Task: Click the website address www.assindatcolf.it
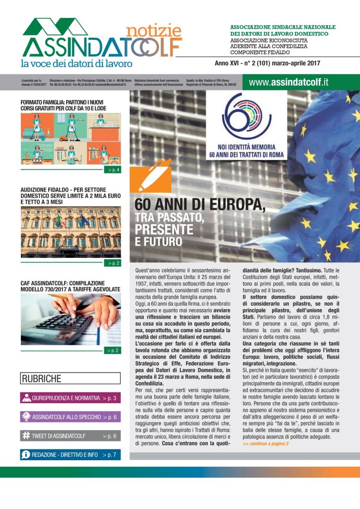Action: (289, 83)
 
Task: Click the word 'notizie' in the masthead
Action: (154, 30)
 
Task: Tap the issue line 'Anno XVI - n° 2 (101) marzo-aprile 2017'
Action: (267, 64)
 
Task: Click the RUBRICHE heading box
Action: (71, 379)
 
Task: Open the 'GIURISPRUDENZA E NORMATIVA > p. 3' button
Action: (71, 398)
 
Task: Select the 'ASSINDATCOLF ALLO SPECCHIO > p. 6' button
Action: (71, 417)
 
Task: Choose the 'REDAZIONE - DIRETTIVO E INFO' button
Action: (71, 455)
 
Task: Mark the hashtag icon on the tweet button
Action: (26, 436)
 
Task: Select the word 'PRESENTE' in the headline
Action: (165, 230)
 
